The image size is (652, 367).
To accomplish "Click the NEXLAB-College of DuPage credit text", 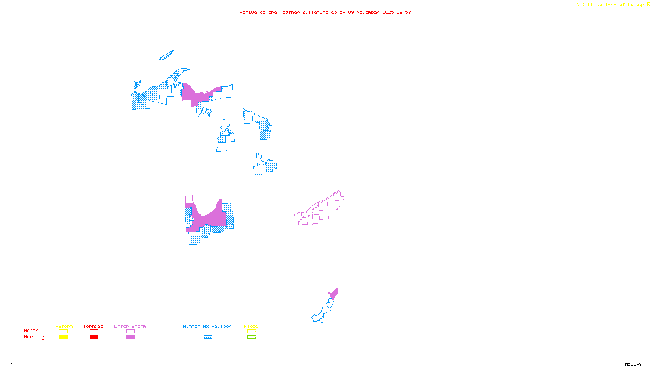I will [x=611, y=5].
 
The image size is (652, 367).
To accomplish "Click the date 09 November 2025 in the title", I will [x=371, y=12].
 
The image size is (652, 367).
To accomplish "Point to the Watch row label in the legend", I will [x=31, y=330].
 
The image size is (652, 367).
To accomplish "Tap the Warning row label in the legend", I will [x=34, y=337].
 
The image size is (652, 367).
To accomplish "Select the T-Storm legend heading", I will [x=63, y=326].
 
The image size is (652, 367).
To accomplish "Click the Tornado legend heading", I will [x=93, y=326].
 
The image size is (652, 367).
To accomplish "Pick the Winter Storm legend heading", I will [x=129, y=326].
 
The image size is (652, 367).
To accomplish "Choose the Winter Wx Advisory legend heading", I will [x=209, y=326].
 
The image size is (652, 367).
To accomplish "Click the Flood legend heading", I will [x=251, y=326].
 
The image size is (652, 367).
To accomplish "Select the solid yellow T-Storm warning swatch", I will [x=63, y=337].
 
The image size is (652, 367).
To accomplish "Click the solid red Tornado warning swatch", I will [x=94, y=337].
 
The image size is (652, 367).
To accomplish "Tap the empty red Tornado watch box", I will [x=94, y=332].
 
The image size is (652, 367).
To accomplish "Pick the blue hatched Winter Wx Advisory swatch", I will [x=208, y=337].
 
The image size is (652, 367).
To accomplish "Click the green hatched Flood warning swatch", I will [x=252, y=337].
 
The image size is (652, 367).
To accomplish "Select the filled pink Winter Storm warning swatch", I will [x=130, y=337].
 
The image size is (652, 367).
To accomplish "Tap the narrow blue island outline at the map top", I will [x=167, y=55].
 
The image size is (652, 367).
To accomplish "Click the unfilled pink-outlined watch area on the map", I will [x=322, y=210].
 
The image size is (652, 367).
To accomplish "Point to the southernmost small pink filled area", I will [x=334, y=294].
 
